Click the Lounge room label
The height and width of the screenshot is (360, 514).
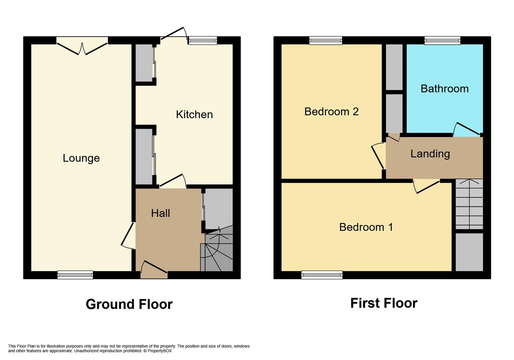[81, 158]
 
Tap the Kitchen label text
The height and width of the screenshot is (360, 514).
[194, 115]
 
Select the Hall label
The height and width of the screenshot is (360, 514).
[160, 213]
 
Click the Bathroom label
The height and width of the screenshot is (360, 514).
[444, 89]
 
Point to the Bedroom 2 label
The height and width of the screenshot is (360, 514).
[331, 111]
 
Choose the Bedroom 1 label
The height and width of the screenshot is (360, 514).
[366, 227]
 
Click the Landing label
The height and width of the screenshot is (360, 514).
[430, 154]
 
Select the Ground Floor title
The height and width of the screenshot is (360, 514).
[129, 304]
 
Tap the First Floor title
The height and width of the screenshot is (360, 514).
[384, 303]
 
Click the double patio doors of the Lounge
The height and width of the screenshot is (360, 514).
[82, 47]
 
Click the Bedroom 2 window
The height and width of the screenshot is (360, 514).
[325, 41]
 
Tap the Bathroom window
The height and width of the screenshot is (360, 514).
[442, 41]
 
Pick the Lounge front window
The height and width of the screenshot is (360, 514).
[75, 275]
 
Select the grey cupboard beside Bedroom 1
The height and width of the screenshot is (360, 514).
[469, 252]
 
